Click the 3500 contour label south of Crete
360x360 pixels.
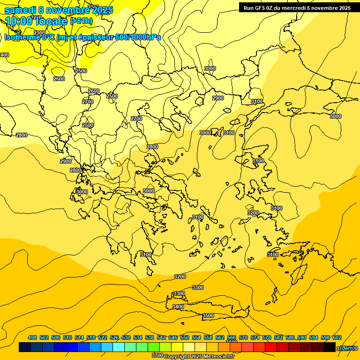208,316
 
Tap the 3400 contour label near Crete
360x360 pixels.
178,307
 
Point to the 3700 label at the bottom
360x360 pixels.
157,356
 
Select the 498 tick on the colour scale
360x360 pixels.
32,337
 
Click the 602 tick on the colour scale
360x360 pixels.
337,337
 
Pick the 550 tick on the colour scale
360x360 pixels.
185,337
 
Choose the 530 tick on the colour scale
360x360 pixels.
126,337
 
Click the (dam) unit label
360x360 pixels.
346,348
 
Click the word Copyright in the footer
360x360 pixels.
177,357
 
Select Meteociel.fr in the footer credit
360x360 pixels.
219,357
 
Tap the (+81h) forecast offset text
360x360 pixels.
81,21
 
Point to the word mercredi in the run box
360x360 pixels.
293,8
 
